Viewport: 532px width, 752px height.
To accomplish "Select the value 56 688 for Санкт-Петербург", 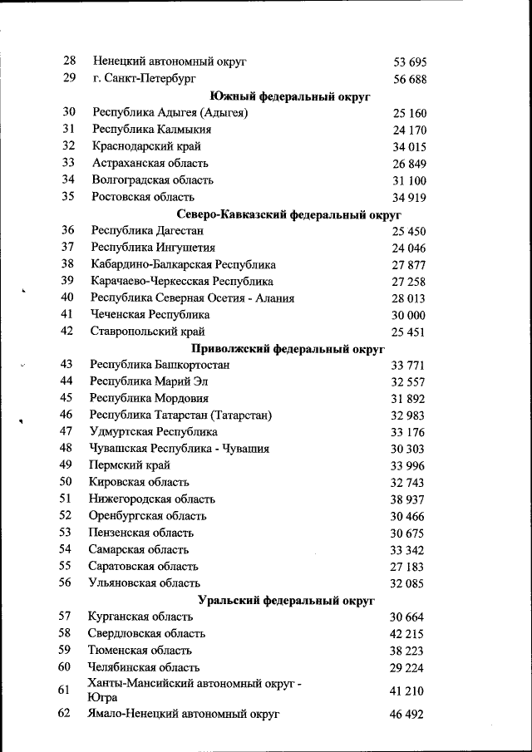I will point(409,79).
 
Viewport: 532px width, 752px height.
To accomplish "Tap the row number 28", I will point(70,61).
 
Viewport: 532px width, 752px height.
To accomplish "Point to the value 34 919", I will point(409,197).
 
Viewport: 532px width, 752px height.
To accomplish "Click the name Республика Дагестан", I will point(147,230).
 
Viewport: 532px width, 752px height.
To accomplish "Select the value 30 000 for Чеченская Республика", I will point(408,315).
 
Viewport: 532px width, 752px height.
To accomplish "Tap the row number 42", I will point(68,332).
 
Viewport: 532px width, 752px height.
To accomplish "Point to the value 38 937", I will point(407,499).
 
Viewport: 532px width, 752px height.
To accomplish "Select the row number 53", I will point(66,533).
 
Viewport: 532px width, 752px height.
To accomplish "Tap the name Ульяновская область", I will point(145,583).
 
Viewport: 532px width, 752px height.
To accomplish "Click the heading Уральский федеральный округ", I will point(287,599).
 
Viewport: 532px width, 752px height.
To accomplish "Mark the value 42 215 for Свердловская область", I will point(407,633).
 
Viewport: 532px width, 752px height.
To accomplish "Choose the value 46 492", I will point(406,714).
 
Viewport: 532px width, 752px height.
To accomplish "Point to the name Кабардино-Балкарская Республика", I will point(183,264).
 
